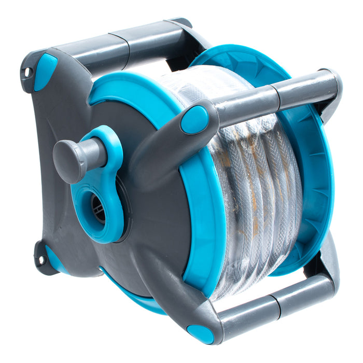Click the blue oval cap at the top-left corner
pos(45,72)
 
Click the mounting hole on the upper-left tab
pos(26,72)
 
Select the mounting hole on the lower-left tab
pos(39,259)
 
